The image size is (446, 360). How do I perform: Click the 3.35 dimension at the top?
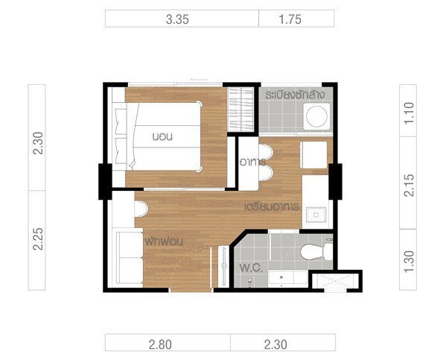pos(177,19)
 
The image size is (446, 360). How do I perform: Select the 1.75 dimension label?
pos(290,19)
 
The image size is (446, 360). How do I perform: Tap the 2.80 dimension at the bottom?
pos(160,345)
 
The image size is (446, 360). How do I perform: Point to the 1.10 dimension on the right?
pos(409,113)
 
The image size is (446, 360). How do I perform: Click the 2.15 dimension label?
pos(409,185)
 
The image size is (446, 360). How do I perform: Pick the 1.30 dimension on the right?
pos(409,262)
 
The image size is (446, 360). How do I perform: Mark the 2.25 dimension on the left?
pos(37,239)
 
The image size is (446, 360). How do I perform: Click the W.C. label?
pos(251,268)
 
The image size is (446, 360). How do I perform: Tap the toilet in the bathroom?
pos(316,251)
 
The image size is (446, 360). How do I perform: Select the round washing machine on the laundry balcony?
pos(317,116)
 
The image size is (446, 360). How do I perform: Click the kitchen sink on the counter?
pos(316,215)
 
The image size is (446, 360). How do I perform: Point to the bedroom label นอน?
pos(162,137)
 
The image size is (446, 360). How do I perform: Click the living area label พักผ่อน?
pos(164,241)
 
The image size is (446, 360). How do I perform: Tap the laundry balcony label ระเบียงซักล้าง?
pos(295,95)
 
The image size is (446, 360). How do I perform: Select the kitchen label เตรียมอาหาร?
pos(272,206)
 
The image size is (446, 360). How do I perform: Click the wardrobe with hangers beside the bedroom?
pos(240,110)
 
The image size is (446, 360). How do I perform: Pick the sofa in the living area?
pos(130,258)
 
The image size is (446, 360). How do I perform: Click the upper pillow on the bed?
pos(121,122)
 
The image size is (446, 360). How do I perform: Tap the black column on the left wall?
pos(105,181)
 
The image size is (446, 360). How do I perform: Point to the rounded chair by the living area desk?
pos(141,209)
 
